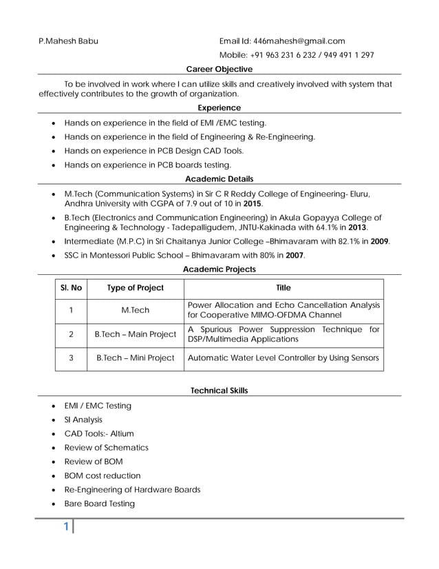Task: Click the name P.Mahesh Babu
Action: [68, 41]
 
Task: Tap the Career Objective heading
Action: [219, 69]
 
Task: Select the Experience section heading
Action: [219, 107]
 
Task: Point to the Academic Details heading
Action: [219, 178]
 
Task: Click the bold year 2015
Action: [253, 204]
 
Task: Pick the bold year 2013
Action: [358, 227]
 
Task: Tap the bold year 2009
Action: [380, 241]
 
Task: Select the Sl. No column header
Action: [71, 287]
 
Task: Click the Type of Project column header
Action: [135, 287]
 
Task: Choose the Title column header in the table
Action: [283, 287]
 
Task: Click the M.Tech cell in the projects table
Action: [135, 310]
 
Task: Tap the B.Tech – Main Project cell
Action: [135, 334]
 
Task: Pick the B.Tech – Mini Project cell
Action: [135, 358]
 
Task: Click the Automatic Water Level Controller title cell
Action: [283, 358]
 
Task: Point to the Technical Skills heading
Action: [219, 391]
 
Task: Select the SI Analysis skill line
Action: [83, 420]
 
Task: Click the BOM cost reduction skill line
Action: [103, 475]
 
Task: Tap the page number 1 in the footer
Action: [66, 528]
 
